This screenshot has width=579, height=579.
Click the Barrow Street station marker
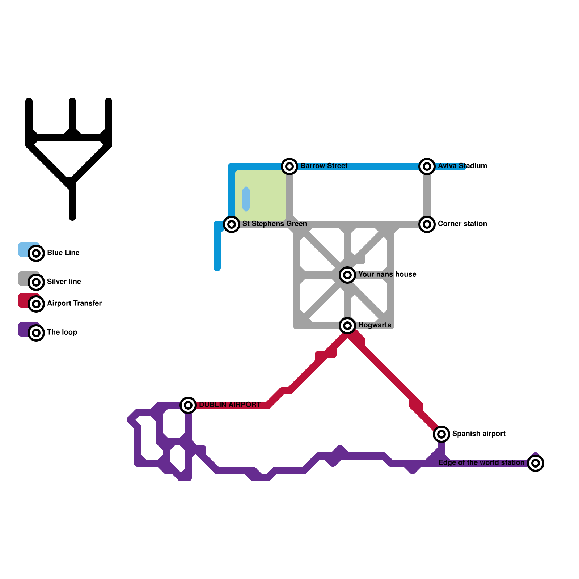tap(289, 166)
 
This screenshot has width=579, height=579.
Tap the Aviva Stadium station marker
tap(427, 166)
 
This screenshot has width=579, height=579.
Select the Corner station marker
tap(427, 224)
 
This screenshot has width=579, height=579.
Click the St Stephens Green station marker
tap(232, 224)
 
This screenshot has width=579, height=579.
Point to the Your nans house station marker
tap(347, 275)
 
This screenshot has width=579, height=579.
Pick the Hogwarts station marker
tap(347, 326)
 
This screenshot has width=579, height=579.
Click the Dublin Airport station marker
tap(188, 405)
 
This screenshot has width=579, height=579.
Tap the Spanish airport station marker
tap(441, 434)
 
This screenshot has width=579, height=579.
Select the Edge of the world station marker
tap(536, 463)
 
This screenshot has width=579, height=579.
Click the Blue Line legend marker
tap(36, 253)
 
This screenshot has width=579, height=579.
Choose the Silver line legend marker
tap(36, 282)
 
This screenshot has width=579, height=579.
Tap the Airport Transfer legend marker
tap(36, 304)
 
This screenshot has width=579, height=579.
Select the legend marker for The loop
tap(36, 333)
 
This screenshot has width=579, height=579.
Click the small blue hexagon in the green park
tap(246, 199)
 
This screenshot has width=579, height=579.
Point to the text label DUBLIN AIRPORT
tap(230, 405)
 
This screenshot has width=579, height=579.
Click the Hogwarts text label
tap(375, 325)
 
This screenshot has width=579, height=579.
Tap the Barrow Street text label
tap(324, 166)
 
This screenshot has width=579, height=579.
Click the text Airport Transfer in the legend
tap(74, 303)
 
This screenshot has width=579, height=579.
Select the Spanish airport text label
tap(479, 434)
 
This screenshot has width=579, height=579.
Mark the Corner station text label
tap(462, 224)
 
